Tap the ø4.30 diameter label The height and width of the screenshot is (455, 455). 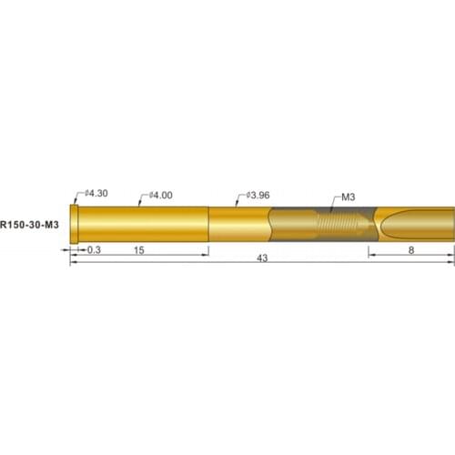pos(96,193)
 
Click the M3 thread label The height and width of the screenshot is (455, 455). pos(349,196)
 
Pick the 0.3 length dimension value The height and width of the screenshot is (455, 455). pos(94,249)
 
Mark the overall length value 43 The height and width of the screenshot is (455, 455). pos(262,259)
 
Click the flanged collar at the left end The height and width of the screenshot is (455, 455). pos(75,223)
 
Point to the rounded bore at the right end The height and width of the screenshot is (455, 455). pos(419,224)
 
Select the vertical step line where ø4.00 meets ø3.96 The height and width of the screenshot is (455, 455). pos(209,224)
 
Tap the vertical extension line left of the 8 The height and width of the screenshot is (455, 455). pos(369,249)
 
